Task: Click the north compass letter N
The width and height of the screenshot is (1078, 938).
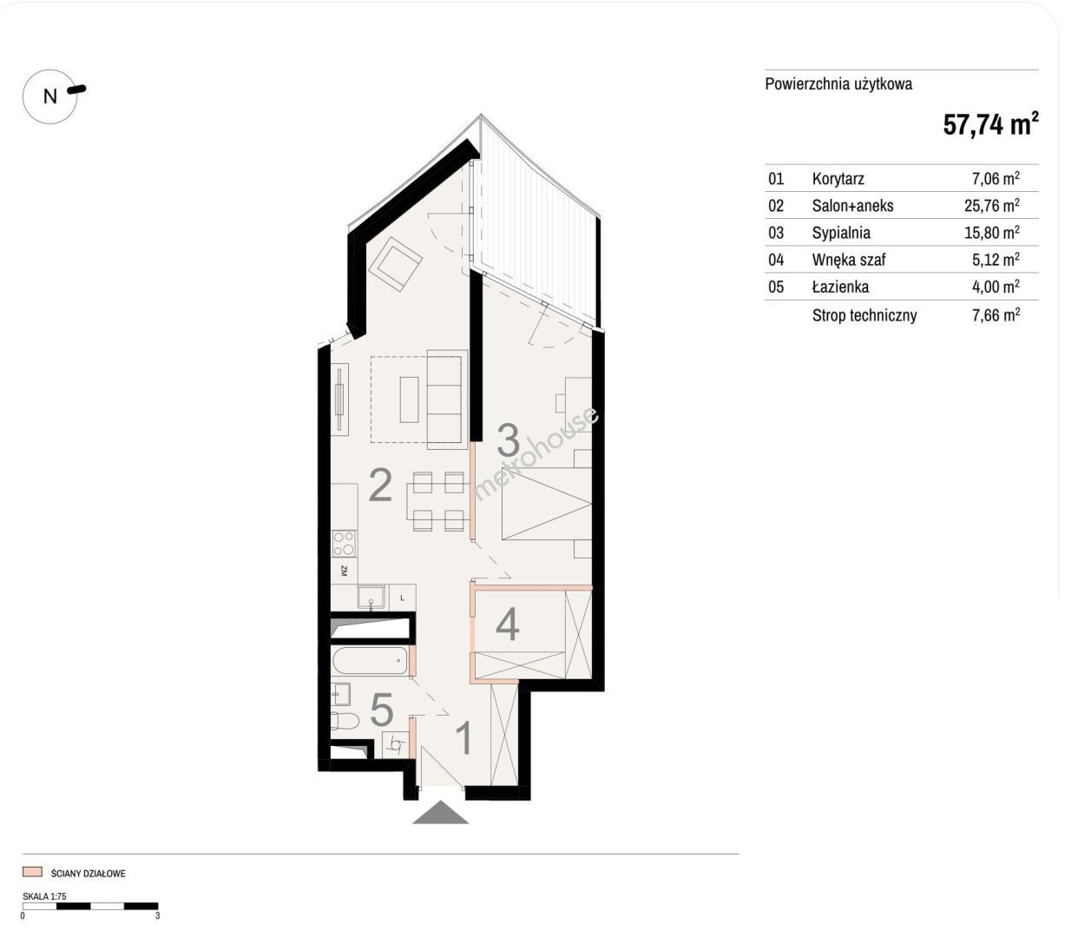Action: tap(50, 96)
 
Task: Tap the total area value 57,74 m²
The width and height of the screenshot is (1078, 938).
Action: tap(990, 124)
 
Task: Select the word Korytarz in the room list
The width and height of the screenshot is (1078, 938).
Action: tap(838, 179)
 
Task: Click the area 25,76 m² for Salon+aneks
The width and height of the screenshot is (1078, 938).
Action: tap(991, 205)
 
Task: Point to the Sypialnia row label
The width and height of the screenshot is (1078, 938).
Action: tap(841, 233)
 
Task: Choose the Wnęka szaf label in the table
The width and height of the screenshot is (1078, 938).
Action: tap(849, 260)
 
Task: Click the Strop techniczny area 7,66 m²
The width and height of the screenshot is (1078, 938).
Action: tap(996, 314)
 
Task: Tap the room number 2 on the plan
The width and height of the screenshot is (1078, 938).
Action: tap(380, 486)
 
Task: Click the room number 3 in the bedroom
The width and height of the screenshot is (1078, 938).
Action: tap(509, 440)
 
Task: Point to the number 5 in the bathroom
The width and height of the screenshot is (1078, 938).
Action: tap(382, 710)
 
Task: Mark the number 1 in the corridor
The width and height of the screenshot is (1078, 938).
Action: tap(463, 738)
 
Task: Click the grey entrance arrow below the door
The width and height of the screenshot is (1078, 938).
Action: tap(440, 812)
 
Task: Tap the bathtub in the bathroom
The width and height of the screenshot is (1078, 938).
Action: tap(371, 661)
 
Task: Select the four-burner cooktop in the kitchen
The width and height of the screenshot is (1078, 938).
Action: tap(344, 544)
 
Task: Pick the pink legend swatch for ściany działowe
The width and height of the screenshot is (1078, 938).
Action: tap(32, 872)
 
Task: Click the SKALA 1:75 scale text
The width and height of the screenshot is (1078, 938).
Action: tap(44, 895)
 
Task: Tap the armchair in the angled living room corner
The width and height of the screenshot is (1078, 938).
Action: tap(395, 263)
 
